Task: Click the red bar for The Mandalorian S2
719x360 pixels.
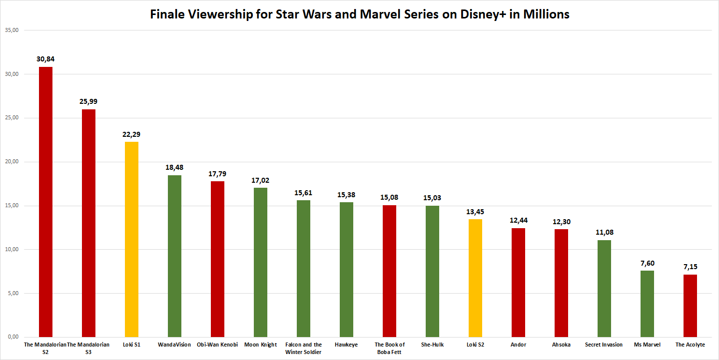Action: point(45,202)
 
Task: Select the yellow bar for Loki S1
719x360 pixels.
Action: point(131,239)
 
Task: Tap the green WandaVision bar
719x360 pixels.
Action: point(174,256)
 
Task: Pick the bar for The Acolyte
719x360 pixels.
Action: point(690,306)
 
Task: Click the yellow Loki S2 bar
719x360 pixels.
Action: point(475,278)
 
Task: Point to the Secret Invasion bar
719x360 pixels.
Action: point(604,289)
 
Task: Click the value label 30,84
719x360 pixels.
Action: point(45,59)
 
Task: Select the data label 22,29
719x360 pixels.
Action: point(131,134)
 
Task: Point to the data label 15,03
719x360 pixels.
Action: point(432,198)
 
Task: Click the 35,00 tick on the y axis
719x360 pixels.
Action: point(11,30)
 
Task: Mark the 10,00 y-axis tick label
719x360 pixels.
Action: point(11,249)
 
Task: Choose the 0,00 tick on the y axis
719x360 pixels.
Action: point(12,337)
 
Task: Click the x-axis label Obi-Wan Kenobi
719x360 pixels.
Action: point(217,345)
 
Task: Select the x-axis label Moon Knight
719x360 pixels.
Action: point(260,345)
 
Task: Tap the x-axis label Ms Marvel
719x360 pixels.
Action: point(647,345)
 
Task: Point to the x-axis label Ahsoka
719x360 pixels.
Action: point(561,345)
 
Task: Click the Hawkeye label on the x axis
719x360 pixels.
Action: point(346,345)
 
